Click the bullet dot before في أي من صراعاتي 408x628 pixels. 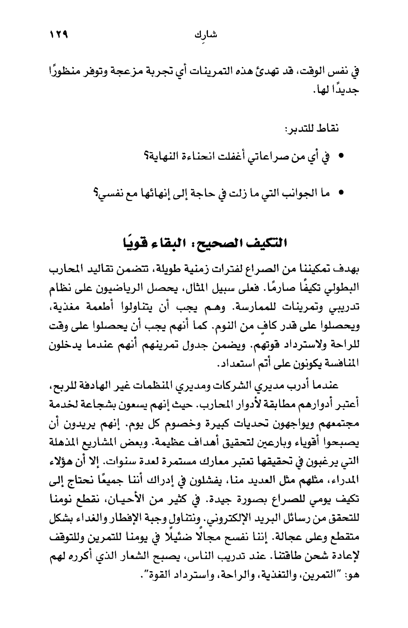point(341,156)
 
